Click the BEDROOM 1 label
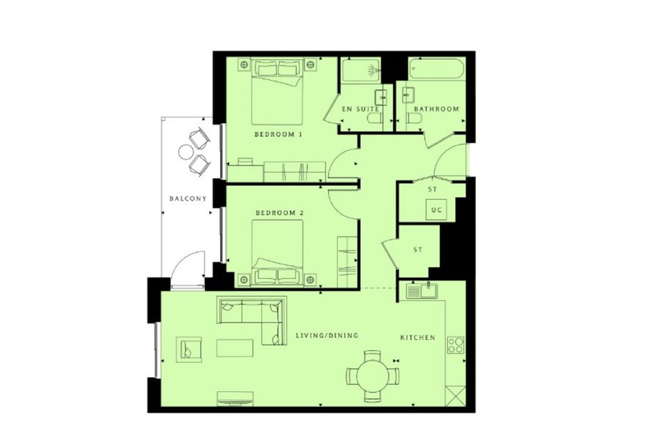(278, 134)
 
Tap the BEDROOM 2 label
(279, 213)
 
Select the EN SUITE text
(360, 109)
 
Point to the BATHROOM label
(436, 109)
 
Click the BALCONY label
(188, 198)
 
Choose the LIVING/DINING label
(327, 335)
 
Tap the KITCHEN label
(417, 338)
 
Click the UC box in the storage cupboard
(436, 210)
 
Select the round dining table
(372, 374)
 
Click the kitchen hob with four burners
(455, 345)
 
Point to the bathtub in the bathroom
(436, 70)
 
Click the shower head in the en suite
(373, 70)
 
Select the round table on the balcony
(186, 152)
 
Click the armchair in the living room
(189, 349)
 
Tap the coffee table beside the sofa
(235, 348)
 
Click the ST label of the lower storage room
(417, 250)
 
